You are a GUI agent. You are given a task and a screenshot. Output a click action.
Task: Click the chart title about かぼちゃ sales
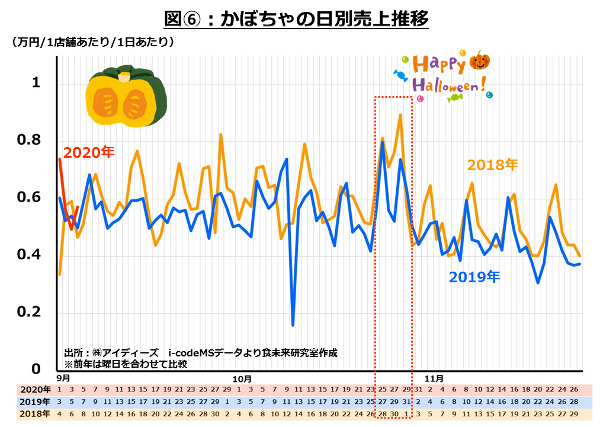[x=296, y=20]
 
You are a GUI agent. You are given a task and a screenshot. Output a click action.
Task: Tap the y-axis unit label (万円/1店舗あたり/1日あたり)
[x=92, y=43]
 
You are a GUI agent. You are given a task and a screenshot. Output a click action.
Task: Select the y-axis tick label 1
[x=36, y=83]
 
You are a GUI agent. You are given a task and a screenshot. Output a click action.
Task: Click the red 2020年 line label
[x=89, y=152]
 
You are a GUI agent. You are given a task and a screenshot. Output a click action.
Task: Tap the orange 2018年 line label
[x=492, y=165]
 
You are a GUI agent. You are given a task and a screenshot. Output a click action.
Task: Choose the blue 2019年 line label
[x=474, y=276]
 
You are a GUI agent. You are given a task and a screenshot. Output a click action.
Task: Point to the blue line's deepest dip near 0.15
[x=293, y=324]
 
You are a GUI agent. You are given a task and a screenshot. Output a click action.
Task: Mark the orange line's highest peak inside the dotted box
[x=400, y=115]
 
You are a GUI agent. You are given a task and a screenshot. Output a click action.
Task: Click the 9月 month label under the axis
[x=63, y=378]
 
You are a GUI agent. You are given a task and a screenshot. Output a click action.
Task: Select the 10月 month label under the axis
[x=242, y=378]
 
